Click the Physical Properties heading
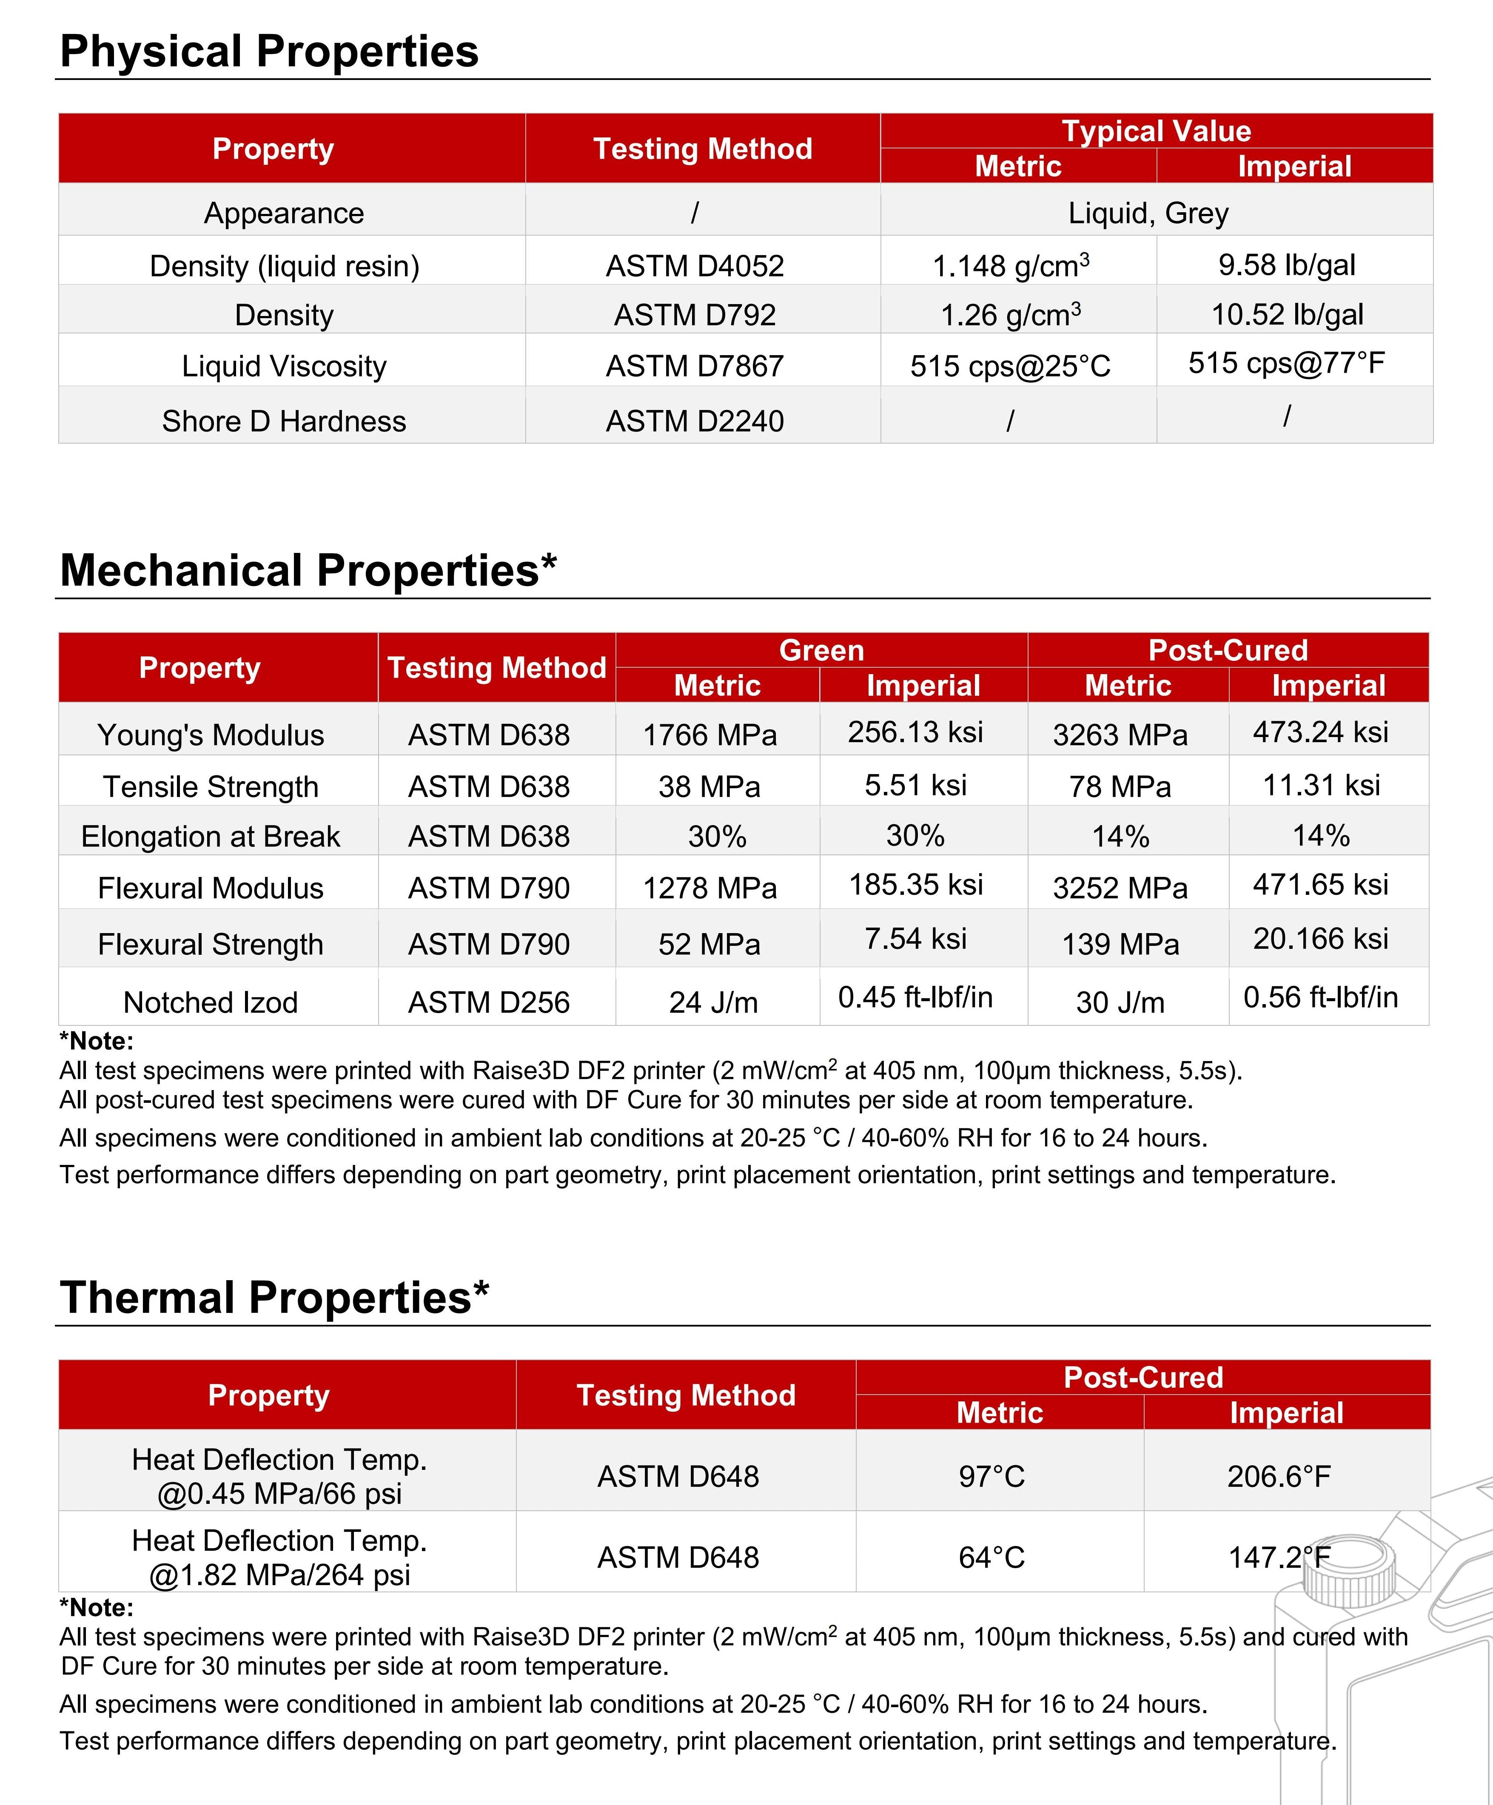coord(269,51)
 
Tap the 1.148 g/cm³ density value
coord(1011,265)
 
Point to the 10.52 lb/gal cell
coord(1287,315)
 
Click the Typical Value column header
coord(1156,131)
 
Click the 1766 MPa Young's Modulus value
coord(710,735)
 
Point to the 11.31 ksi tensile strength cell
coord(1321,785)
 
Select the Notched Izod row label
coord(211,1002)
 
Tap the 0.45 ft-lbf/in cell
coord(915,997)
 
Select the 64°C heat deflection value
coord(992,1557)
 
